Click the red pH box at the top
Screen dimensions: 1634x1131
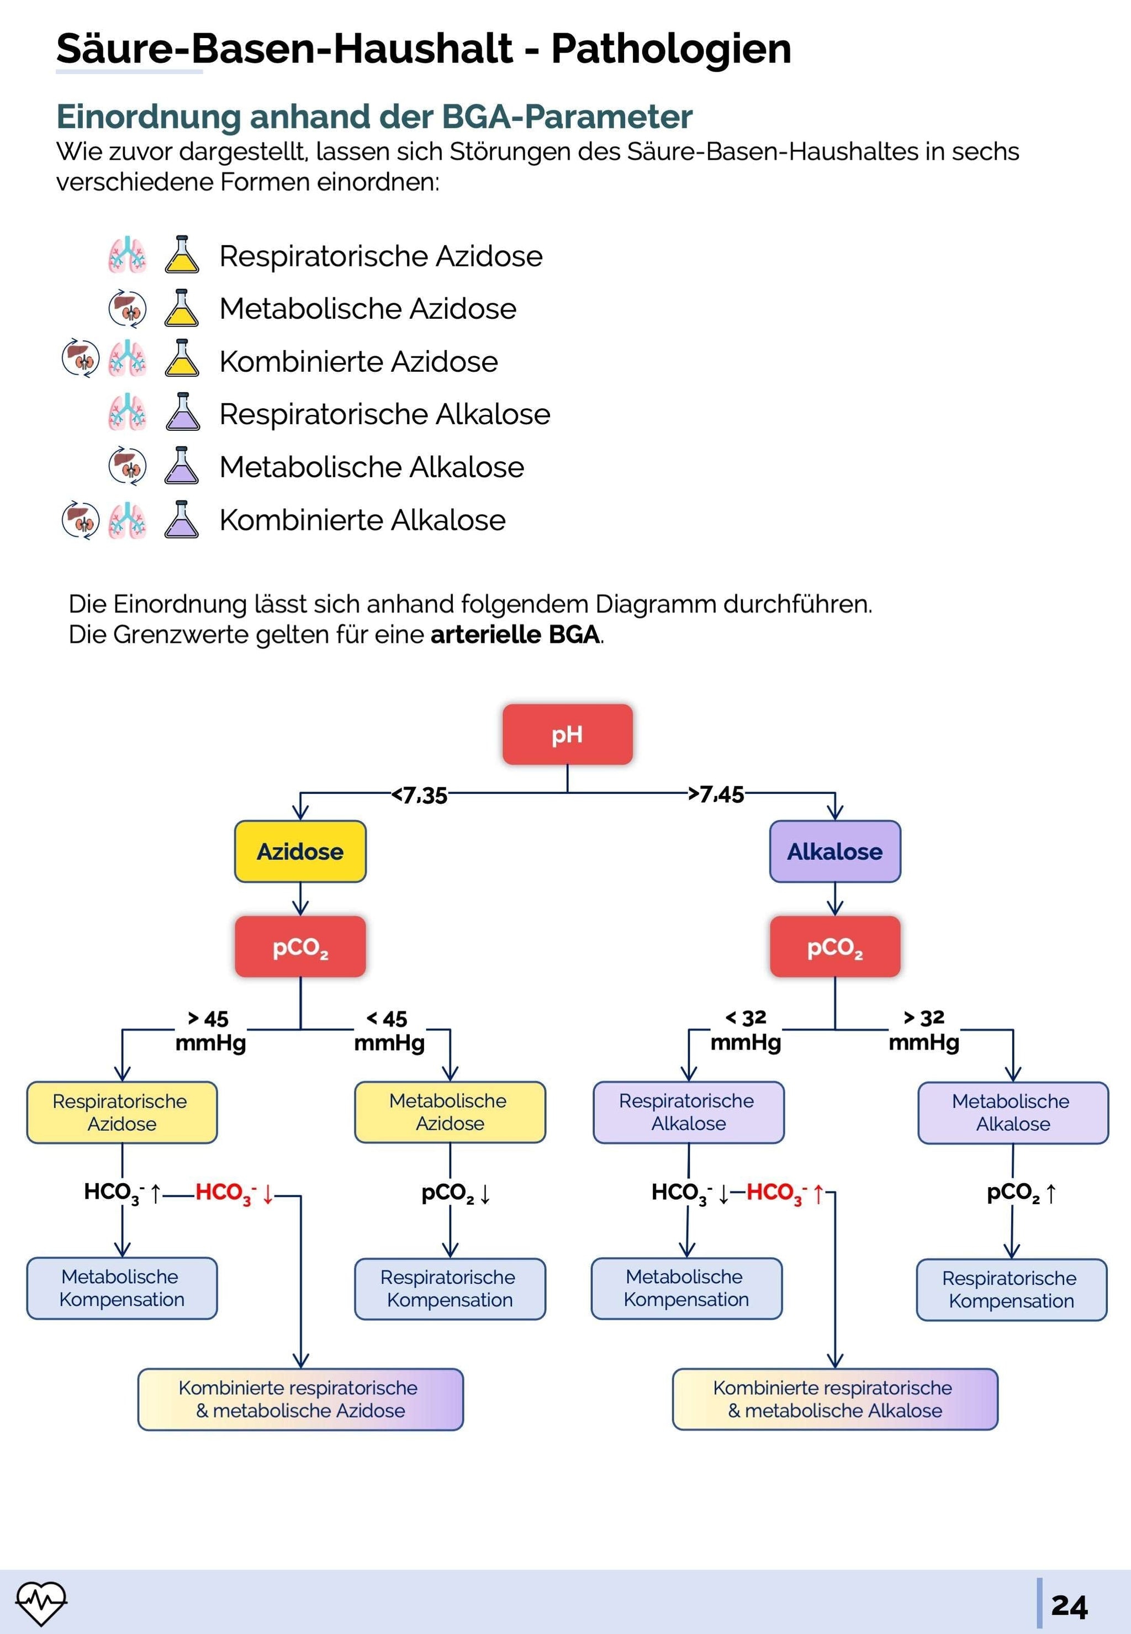click(567, 734)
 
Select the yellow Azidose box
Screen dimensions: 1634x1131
click(300, 851)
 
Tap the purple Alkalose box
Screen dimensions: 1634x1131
click(835, 851)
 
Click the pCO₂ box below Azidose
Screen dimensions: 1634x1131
click(300, 947)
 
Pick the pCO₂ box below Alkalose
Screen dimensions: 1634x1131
click(835, 947)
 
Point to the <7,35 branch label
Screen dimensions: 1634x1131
click(420, 795)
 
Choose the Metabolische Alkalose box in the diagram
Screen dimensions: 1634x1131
click(1013, 1112)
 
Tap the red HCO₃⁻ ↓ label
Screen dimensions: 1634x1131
click(234, 1193)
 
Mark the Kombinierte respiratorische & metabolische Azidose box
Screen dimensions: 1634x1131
click(300, 1399)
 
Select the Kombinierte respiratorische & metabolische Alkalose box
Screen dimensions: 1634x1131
click(835, 1399)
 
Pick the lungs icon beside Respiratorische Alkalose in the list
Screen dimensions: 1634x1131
click(128, 413)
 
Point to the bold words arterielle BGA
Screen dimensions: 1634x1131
click(515, 635)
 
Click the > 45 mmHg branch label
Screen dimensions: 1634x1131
click(210, 1030)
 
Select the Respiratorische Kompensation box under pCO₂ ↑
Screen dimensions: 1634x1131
click(1011, 1289)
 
